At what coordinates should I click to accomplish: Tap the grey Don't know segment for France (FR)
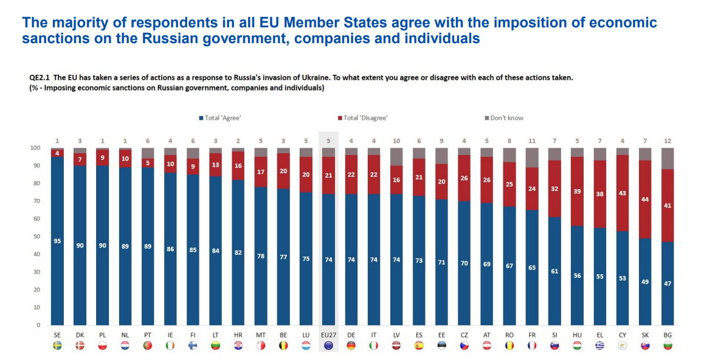point(532,157)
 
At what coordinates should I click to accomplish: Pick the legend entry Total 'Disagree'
point(365,118)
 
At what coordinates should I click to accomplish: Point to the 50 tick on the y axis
point(36,237)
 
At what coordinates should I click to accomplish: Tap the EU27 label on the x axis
point(328,335)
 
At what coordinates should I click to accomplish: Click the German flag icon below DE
point(351,345)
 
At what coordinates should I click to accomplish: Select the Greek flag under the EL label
point(599,345)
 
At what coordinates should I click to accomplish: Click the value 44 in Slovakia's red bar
point(645,199)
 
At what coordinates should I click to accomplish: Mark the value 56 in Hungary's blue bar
point(577,275)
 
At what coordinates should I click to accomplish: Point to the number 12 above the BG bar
point(668,141)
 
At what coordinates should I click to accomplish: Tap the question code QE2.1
point(40,78)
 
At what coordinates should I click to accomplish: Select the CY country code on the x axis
point(622,335)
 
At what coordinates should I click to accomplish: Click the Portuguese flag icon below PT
point(148,345)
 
